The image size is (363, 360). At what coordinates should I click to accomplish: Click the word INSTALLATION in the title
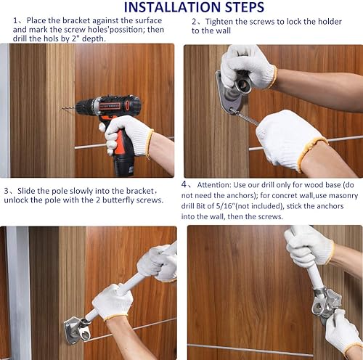click(173, 7)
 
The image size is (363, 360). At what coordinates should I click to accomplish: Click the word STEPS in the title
click(245, 7)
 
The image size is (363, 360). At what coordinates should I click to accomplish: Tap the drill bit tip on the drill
click(63, 109)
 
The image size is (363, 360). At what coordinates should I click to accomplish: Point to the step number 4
click(184, 184)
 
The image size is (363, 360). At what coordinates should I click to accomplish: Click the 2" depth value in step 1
click(89, 38)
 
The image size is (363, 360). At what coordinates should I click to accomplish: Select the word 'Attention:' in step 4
click(214, 185)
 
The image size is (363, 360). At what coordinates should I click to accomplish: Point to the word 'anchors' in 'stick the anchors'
click(330, 206)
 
